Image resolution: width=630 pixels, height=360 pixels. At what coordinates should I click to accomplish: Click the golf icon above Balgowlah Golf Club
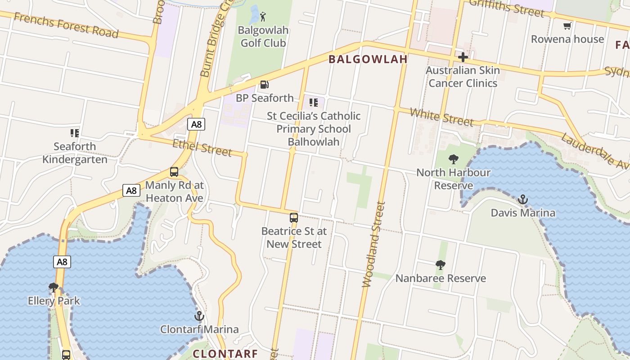263,17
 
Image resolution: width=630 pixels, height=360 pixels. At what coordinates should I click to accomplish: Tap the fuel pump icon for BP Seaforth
265,85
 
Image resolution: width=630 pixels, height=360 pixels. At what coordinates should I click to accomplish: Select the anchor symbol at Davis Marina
523,199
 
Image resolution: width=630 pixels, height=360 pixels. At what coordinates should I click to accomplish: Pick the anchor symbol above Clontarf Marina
199,316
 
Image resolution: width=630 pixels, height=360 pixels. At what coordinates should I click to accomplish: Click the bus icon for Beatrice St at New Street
294,218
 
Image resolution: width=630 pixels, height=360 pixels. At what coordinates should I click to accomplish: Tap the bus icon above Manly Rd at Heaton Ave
174,172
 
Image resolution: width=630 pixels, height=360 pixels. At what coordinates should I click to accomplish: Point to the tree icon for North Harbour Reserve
454,159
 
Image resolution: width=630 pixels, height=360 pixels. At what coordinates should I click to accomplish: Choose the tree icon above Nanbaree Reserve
441,265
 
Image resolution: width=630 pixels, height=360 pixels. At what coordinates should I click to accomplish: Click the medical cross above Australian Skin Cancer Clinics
463,57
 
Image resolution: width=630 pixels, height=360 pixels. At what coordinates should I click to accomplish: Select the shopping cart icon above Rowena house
567,26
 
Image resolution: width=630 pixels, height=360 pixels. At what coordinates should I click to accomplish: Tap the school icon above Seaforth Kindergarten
75,133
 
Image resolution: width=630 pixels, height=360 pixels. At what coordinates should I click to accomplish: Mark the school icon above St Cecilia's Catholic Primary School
314,103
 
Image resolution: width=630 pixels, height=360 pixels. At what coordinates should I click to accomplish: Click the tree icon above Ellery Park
54,287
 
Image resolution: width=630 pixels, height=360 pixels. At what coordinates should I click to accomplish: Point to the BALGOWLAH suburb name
368,59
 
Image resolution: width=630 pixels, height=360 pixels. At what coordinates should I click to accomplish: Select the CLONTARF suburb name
225,354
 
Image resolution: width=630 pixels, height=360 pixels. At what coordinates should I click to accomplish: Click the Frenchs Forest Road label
66,25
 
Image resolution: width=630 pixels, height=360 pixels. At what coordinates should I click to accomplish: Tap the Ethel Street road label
202,148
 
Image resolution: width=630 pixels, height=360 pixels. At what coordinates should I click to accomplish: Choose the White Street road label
442,117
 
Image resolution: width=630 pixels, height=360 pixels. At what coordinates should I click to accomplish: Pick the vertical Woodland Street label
374,244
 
